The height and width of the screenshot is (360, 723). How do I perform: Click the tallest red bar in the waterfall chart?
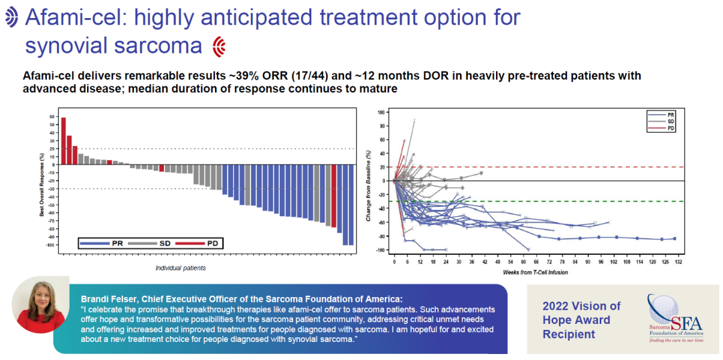(x=64, y=141)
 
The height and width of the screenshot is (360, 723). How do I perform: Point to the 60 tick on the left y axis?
(x=52, y=117)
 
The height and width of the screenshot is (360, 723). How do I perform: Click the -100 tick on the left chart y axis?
(x=50, y=245)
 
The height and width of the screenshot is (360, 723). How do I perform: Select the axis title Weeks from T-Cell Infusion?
(x=536, y=273)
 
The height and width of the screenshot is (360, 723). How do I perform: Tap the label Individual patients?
(x=181, y=268)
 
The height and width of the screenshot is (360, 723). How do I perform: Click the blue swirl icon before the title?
(x=12, y=18)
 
